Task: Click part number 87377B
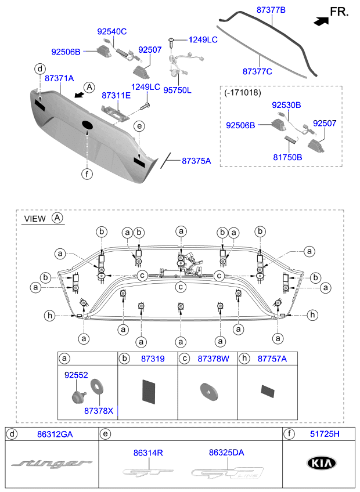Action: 272,9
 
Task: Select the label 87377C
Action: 258,71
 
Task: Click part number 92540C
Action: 111,30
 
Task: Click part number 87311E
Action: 117,95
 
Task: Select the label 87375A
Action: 196,160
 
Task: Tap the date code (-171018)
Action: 243,92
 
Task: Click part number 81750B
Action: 287,157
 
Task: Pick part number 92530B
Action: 287,105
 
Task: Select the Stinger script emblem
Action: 52,463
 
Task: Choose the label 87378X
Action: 99,411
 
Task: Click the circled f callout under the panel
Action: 86,173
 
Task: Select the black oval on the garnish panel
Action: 87,125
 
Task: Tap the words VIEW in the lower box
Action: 34,219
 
